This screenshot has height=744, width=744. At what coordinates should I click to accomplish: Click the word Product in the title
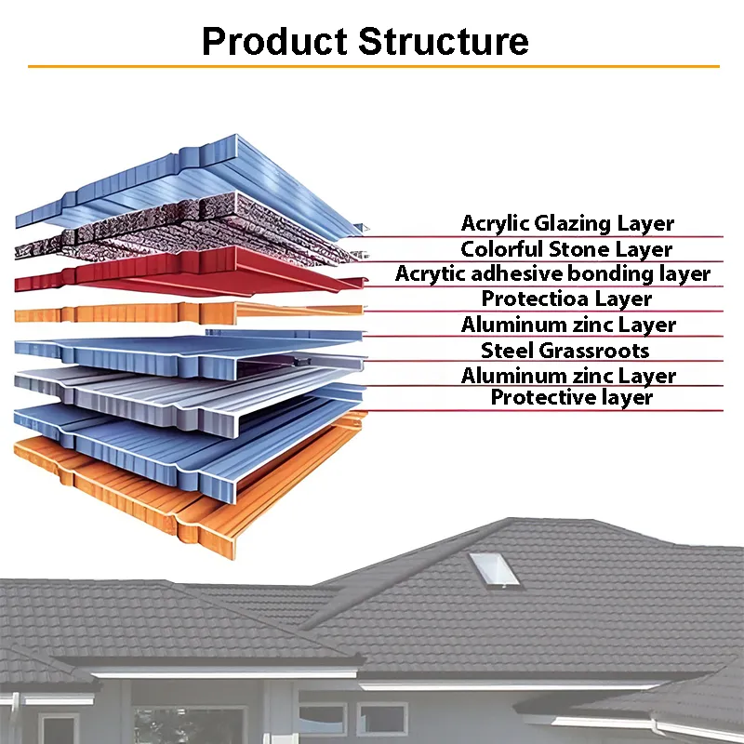point(274,41)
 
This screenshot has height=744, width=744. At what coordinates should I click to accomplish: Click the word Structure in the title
point(444,41)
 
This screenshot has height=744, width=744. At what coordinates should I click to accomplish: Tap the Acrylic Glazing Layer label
point(567,223)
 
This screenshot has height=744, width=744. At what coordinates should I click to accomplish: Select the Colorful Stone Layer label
point(566,249)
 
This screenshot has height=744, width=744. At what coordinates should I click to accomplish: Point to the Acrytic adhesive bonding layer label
point(552,273)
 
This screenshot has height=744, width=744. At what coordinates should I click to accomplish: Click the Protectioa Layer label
point(566,299)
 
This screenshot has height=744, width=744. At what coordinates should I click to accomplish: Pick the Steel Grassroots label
point(565,351)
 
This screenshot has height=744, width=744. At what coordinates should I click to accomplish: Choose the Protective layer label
point(572,398)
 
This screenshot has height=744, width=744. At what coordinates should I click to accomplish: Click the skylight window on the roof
point(495,571)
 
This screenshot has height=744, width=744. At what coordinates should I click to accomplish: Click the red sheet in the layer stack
point(190,272)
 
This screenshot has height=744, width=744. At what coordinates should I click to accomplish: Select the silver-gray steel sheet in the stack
point(190,399)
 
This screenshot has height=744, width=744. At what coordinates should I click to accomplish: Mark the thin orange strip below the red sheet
point(189,313)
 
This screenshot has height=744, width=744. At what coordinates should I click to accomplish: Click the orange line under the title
point(374,66)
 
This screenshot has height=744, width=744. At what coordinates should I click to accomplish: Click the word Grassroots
point(594,351)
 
